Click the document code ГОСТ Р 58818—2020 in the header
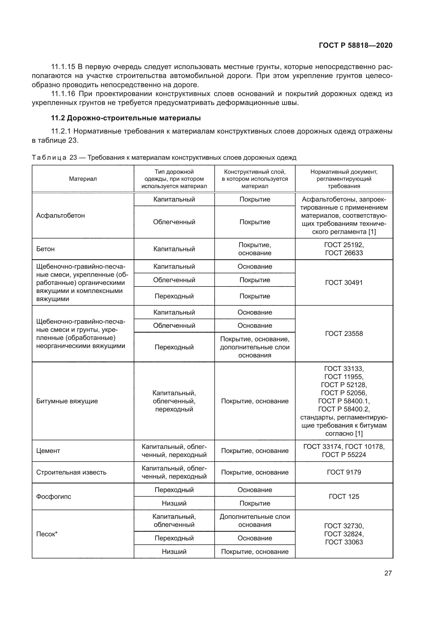click(355, 45)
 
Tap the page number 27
click(388, 573)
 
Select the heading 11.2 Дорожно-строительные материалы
click(126, 118)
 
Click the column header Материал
click(83, 179)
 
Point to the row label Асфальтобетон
click(60, 216)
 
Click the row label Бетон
click(45, 249)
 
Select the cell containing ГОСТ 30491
click(344, 282)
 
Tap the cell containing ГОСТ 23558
click(344, 334)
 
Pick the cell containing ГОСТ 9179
click(344, 472)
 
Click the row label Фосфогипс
click(54, 497)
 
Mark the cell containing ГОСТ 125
click(344, 497)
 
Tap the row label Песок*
click(47, 534)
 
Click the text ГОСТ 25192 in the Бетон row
click(344, 245)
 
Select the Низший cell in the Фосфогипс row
click(174, 503)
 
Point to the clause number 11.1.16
click(63, 94)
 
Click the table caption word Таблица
click(49, 158)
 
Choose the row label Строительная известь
click(71, 472)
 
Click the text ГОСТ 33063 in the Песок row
click(344, 542)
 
